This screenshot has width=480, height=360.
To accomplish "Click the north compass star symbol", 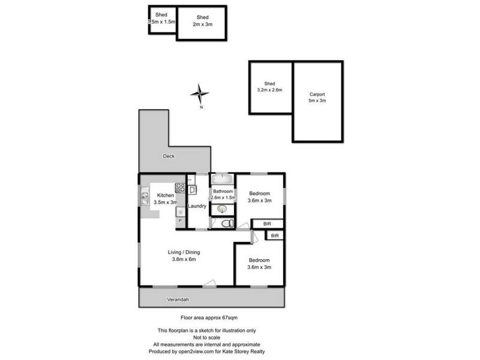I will [200, 93].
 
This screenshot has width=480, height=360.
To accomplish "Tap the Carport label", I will [317, 94].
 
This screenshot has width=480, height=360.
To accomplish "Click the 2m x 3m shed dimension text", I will [202, 25].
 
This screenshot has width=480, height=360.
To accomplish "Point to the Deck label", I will [169, 157].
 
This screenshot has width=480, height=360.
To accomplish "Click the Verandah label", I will [179, 299].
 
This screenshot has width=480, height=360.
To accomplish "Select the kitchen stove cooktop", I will [179, 189].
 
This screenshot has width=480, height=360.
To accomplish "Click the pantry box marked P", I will [179, 221].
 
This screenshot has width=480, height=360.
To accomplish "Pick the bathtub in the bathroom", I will [222, 179].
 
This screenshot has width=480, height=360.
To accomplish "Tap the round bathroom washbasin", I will [223, 208].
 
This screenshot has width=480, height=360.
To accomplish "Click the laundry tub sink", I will [192, 190].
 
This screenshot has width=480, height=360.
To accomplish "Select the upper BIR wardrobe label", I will [268, 224].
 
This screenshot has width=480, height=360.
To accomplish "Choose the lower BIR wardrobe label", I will [275, 236].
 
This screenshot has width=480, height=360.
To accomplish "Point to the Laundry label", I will [197, 206].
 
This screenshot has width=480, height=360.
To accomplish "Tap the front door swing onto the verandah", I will [209, 284].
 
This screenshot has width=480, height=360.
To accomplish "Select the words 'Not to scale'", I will [206, 337].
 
